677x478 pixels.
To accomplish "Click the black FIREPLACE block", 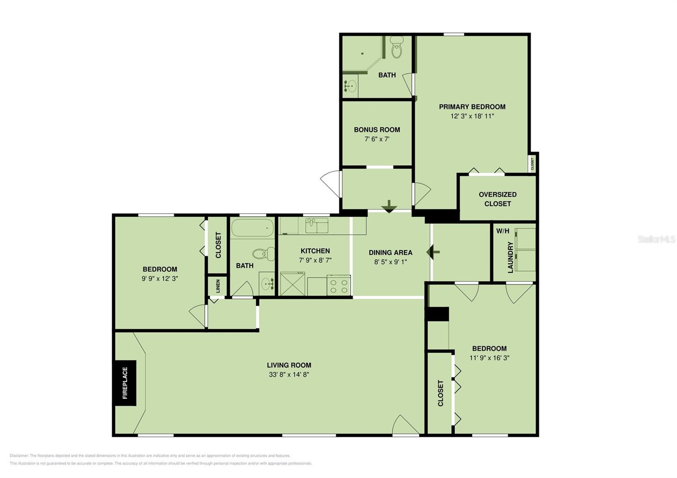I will tap(124, 383).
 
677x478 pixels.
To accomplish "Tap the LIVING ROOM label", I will tap(289, 365).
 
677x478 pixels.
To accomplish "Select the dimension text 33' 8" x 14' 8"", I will tap(289, 374).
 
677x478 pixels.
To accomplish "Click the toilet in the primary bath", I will tap(396, 48).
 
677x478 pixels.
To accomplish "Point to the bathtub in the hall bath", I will tap(253, 228).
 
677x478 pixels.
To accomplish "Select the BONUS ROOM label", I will tap(377, 129).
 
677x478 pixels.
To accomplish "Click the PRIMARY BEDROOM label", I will tap(472, 107).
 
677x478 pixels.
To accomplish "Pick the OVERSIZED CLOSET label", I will tap(498, 199).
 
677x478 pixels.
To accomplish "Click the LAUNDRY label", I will tap(510, 257).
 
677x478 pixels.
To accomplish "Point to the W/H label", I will tap(503, 231).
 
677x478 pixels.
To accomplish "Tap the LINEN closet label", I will tap(218, 286).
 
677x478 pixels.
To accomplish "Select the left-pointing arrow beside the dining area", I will tap(433, 252).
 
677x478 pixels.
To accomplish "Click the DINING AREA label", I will tap(390, 253).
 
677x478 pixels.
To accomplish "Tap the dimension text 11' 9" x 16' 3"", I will tap(490, 358).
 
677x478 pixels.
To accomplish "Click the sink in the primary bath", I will tap(350, 86).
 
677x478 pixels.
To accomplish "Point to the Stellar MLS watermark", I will tap(656, 239).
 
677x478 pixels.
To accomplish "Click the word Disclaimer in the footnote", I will tap(19, 456).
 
